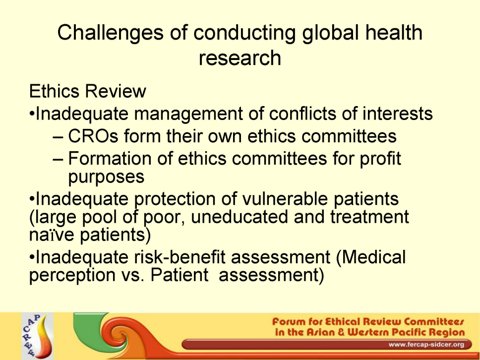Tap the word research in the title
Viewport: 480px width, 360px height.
(240, 58)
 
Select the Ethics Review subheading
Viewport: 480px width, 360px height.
(88, 91)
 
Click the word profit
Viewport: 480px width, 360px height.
(380, 159)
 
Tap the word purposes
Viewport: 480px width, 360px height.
(106, 177)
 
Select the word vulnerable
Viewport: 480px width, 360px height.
(285, 199)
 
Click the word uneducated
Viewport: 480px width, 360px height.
(239, 217)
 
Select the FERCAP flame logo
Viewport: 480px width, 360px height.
(37, 336)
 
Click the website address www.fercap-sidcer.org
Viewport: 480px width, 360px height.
(426, 345)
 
